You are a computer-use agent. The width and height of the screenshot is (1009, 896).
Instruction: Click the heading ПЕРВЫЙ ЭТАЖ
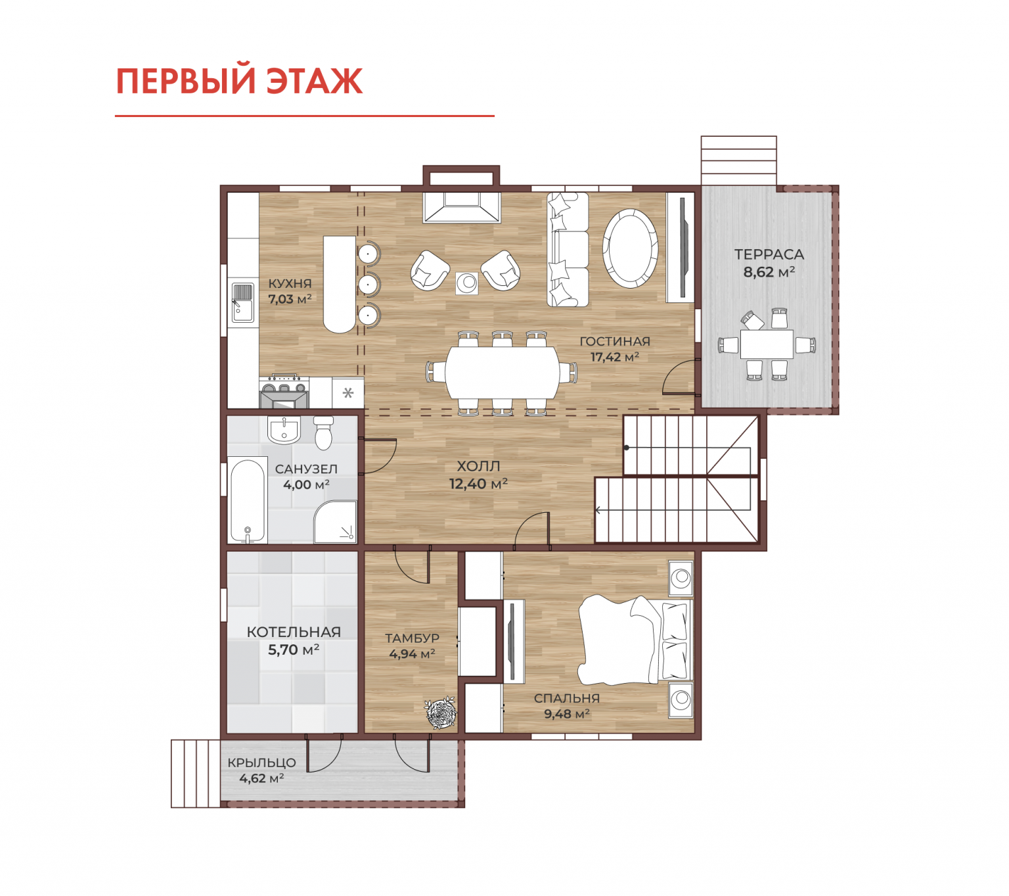(239, 81)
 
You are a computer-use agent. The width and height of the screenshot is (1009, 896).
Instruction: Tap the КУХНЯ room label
(290, 283)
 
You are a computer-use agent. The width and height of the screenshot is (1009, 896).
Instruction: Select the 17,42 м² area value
(615, 357)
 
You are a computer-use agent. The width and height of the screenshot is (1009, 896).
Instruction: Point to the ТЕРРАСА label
(769, 254)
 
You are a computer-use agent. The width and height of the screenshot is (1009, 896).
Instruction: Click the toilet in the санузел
(324, 433)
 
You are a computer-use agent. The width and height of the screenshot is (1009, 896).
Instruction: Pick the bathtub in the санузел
(248, 500)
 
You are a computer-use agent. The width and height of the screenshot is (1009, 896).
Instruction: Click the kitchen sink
(243, 302)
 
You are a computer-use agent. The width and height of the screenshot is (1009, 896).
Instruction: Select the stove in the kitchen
(284, 392)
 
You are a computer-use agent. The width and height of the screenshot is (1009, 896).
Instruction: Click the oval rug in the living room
(631, 248)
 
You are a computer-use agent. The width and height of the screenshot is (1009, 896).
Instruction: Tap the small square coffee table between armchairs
(467, 283)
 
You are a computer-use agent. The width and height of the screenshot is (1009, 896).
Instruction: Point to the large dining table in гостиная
(503, 372)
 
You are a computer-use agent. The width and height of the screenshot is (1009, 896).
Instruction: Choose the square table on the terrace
(767, 344)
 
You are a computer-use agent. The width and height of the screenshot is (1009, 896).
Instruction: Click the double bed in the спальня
(635, 640)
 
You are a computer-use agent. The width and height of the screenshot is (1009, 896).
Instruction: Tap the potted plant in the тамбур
(440, 713)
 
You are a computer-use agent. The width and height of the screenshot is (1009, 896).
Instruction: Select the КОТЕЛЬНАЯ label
(294, 632)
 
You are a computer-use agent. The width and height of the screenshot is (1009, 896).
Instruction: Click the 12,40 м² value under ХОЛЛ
(478, 484)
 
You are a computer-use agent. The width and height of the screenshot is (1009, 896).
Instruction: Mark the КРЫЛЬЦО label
(262, 763)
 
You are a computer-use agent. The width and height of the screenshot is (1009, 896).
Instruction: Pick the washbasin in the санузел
(284, 429)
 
